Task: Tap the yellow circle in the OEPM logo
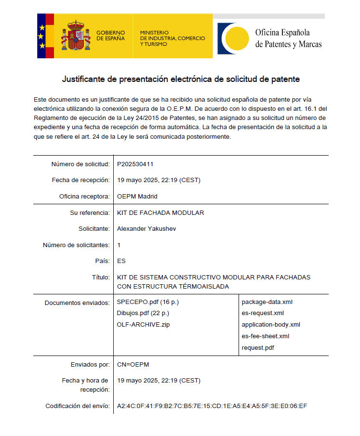[237, 38]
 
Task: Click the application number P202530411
[135, 164]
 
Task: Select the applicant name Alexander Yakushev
[147, 228]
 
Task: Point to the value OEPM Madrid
[137, 197]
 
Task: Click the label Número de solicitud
[80, 164]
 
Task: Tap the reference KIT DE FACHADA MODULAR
[160, 212]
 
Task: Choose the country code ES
[121, 261]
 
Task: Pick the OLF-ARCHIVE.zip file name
[143, 324]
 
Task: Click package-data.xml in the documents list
[267, 302]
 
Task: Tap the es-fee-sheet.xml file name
[265, 336]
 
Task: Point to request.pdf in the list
[259, 347]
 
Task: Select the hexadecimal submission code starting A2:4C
[212, 406]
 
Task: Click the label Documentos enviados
[77, 303]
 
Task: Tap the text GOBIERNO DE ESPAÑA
[110, 35]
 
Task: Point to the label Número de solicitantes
[76, 245]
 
